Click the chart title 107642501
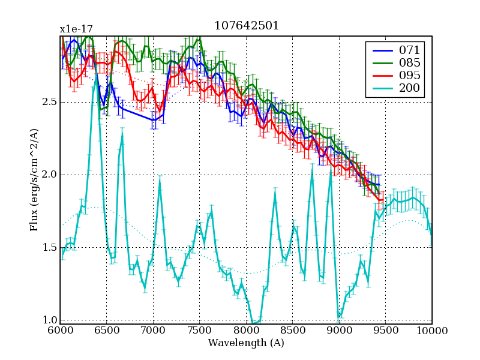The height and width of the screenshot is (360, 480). pyautogui.click(x=246, y=26)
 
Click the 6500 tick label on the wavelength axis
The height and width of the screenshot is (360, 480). pyautogui.click(x=106, y=331)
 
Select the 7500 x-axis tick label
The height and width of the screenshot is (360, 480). pyautogui.click(x=199, y=331)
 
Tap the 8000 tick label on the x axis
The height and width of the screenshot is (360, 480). pyautogui.click(x=246, y=331)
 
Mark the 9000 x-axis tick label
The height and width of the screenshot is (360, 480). pyautogui.click(x=339, y=331)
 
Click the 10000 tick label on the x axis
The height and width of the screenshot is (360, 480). pyautogui.click(x=431, y=331)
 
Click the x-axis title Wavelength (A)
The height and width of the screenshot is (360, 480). pyautogui.click(x=246, y=343)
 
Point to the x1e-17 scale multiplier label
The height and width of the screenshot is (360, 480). pyautogui.click(x=76, y=29)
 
